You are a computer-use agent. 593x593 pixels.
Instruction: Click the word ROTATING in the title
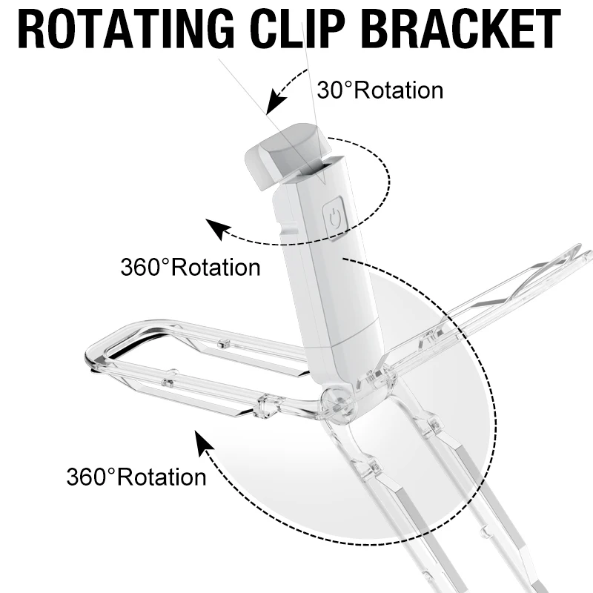[126, 29]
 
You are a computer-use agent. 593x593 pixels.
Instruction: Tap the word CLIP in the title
[297, 29]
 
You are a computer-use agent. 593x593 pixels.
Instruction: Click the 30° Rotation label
[380, 90]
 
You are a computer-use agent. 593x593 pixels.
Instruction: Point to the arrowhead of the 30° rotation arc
[275, 102]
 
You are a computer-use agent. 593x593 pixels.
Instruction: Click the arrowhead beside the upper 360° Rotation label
[217, 228]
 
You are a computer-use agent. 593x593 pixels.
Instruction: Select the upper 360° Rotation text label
[191, 267]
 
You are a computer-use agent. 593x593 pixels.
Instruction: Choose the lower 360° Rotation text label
[136, 477]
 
